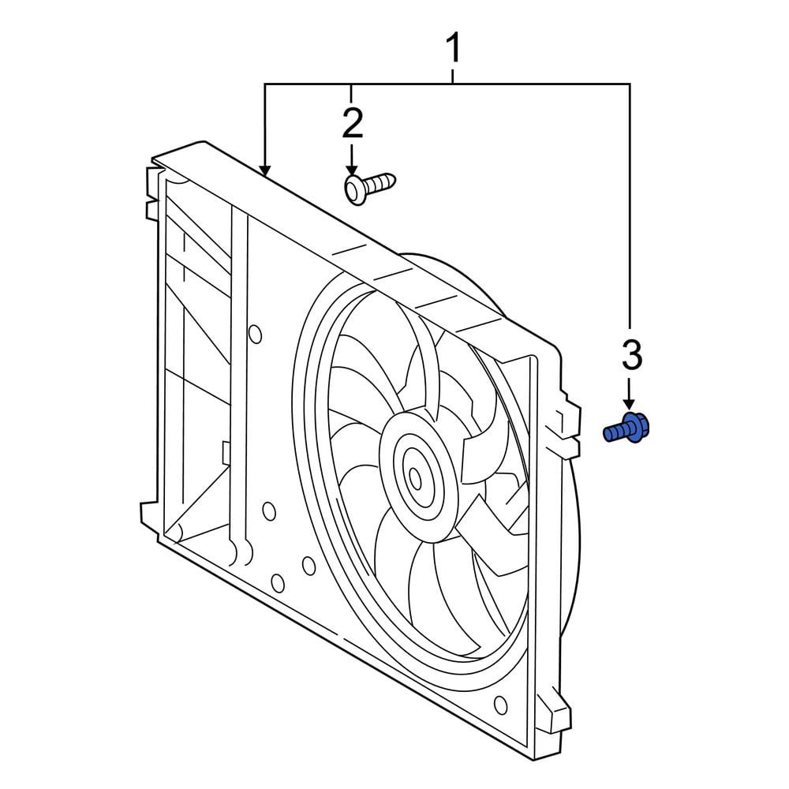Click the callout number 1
coord(454,48)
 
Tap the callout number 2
coord(352,123)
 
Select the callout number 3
coord(632,355)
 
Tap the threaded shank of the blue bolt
coord(615,432)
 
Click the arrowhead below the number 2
coord(352,170)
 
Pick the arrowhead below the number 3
coord(629,403)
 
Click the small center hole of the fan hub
coord(415,478)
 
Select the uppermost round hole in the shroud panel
coord(255,334)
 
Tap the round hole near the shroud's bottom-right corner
coord(501,705)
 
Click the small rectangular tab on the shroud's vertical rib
coord(226,452)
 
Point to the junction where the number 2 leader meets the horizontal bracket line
coord(352,84)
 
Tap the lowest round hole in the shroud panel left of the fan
coord(278,583)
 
